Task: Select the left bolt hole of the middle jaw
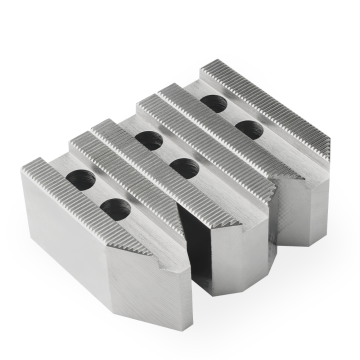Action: pos(147,141)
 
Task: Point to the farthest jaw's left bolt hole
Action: pos(212,103)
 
